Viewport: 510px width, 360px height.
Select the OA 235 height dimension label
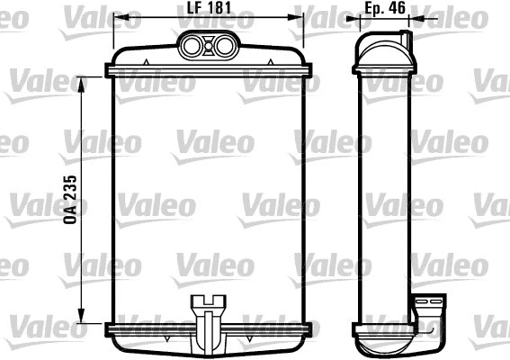pos(70,200)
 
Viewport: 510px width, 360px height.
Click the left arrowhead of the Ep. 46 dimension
pos(357,19)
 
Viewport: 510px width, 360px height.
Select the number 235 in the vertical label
pos(70,189)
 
